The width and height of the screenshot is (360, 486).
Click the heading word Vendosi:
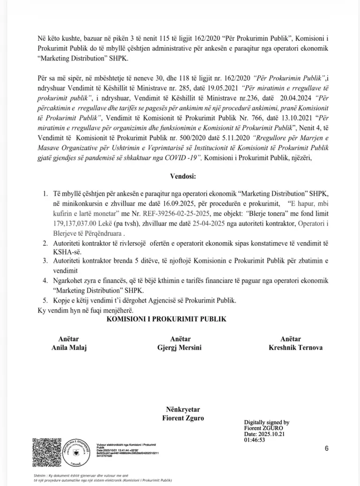click(x=180, y=178)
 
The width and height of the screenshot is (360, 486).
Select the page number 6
click(x=326, y=449)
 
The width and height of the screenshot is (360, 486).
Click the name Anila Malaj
click(x=69, y=348)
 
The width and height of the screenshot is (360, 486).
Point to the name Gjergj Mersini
click(x=180, y=348)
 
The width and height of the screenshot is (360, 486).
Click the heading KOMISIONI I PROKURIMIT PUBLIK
click(x=166, y=319)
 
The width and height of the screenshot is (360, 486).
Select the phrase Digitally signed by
click(x=267, y=422)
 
